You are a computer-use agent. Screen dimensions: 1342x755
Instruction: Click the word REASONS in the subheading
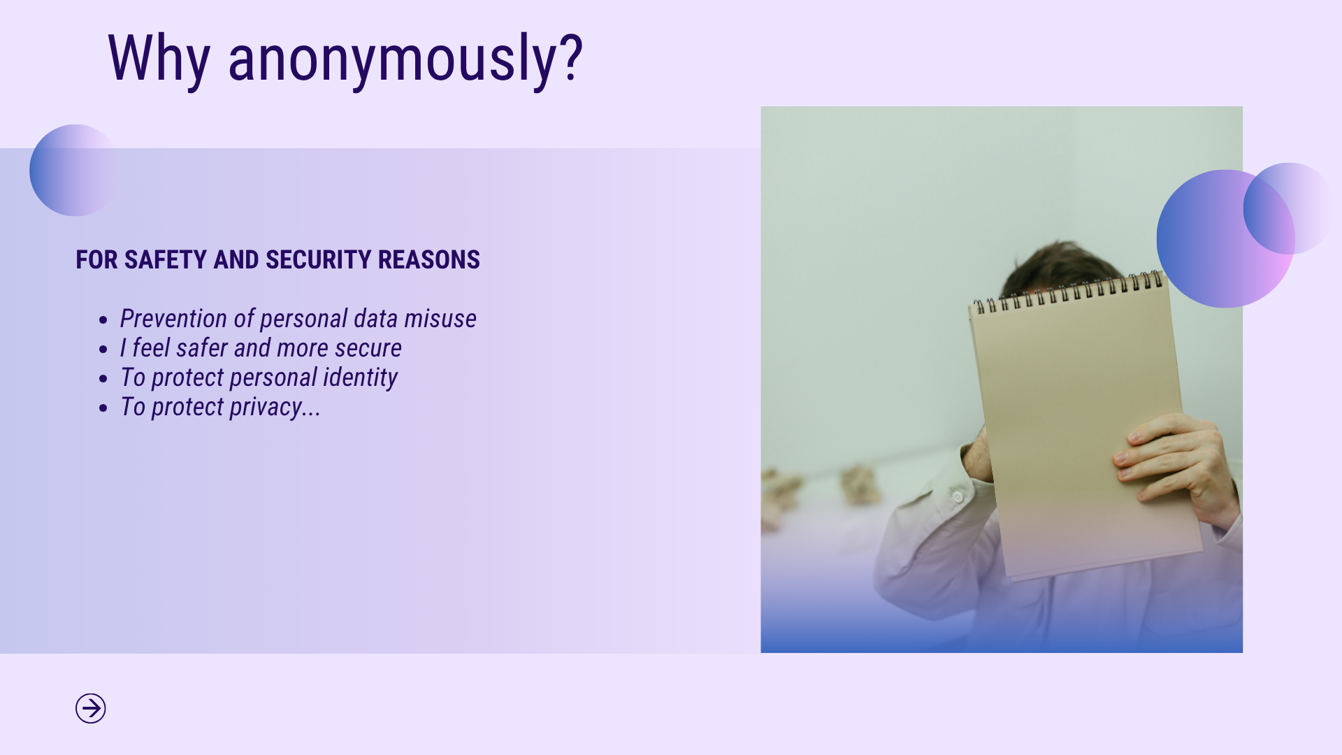coord(429,259)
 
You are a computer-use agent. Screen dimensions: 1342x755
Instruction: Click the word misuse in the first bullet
coord(440,319)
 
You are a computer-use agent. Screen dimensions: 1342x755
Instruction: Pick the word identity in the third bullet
coord(360,378)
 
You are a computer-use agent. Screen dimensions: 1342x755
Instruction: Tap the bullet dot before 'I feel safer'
coord(103,350)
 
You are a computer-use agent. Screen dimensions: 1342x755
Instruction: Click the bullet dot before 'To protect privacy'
coord(103,408)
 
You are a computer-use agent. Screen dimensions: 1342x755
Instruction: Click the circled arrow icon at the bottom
coord(91,708)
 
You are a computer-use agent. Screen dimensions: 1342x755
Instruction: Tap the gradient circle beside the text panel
coord(74,170)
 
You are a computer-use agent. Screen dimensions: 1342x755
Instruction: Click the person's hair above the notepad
coord(1062,266)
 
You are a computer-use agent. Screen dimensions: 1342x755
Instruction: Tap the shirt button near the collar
coord(957,496)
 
